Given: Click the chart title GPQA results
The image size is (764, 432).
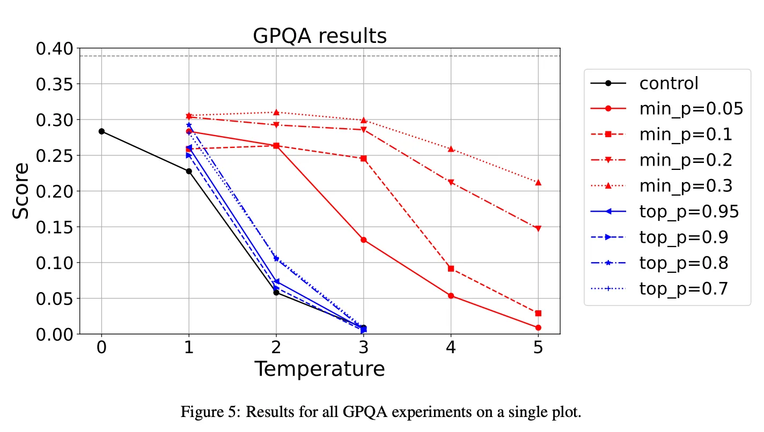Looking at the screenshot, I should (x=320, y=36).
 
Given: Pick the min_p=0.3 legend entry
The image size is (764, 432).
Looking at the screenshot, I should (x=686, y=186).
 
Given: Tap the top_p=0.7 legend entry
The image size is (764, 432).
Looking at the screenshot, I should (x=684, y=289).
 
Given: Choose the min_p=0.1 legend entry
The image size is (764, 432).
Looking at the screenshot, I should (x=686, y=135).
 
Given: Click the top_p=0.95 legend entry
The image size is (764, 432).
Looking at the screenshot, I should (x=689, y=212).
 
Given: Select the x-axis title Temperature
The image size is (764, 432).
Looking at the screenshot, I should (x=320, y=369).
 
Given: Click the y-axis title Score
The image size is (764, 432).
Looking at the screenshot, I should (x=21, y=191).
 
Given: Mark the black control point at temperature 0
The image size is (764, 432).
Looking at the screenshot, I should (x=101, y=131).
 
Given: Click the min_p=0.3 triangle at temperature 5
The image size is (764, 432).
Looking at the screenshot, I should (x=538, y=182).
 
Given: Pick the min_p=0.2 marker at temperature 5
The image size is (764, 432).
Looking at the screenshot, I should (x=538, y=229).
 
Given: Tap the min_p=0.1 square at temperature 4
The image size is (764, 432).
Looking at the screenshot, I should (x=451, y=269).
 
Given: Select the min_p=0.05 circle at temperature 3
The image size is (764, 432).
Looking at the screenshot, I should (x=364, y=240).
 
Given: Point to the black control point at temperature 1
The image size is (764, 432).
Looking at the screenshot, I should (x=189, y=171).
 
